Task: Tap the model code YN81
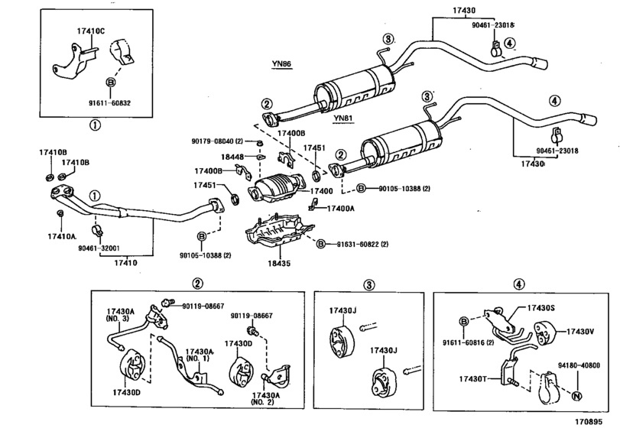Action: coord(343,119)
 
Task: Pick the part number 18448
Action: coord(232,157)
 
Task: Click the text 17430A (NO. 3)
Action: coord(122,316)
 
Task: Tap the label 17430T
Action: coord(474,378)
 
